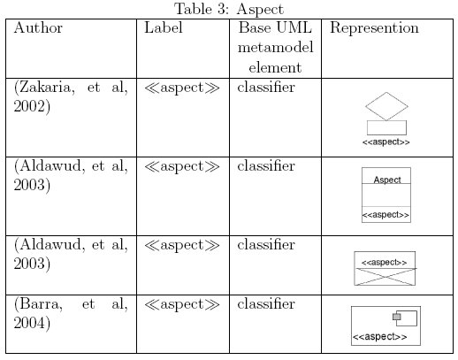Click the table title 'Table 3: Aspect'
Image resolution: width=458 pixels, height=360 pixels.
[x=229, y=9]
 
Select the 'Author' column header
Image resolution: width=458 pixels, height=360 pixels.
[x=38, y=28]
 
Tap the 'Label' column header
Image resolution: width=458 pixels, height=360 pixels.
[x=164, y=27]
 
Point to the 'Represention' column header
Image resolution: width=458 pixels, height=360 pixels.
[x=374, y=28]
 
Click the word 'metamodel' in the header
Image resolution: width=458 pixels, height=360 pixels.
[x=275, y=48]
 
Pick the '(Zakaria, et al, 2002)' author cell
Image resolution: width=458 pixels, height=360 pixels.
[x=71, y=96]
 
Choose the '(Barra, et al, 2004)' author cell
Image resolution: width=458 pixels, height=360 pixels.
[x=71, y=313]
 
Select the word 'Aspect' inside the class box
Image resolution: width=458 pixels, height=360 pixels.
[x=387, y=180]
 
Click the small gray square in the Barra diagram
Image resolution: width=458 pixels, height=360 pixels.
[x=397, y=317]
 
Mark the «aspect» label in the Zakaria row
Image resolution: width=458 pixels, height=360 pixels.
[x=182, y=88]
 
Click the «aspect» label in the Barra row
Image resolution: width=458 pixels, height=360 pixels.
[x=182, y=304]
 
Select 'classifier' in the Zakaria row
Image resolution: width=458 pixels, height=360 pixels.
[x=266, y=88]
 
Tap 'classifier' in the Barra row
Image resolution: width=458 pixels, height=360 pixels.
[x=266, y=304]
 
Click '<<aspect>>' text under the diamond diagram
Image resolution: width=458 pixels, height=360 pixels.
[x=386, y=142]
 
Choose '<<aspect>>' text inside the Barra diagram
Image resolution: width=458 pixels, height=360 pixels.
[x=380, y=337]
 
